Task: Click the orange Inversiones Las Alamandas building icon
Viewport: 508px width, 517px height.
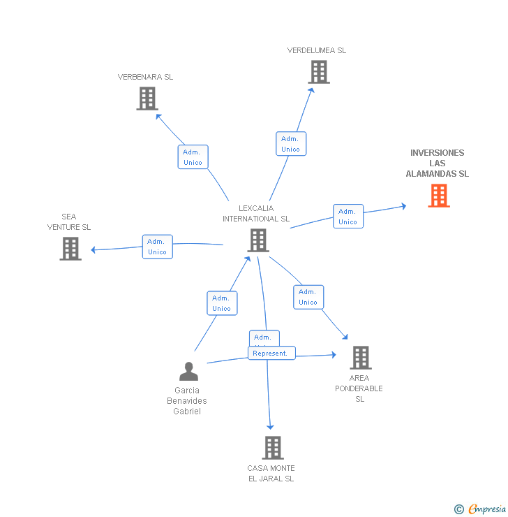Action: click(439, 196)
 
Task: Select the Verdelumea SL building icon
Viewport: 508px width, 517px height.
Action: click(319, 72)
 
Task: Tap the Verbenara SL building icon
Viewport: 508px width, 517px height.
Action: click(147, 99)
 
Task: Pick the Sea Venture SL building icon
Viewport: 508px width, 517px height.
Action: click(70, 249)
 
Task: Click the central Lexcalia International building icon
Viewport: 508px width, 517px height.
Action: click(258, 240)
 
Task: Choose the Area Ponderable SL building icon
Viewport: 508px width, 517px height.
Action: click(360, 358)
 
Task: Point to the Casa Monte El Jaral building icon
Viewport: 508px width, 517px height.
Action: click(273, 448)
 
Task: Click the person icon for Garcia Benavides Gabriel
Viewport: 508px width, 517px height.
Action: click(188, 372)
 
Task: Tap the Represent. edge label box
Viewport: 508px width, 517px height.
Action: click(271, 354)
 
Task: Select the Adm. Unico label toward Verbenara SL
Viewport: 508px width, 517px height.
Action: click(193, 157)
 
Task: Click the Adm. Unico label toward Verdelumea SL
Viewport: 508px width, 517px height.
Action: click(290, 144)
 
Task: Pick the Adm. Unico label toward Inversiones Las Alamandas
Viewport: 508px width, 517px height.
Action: click(348, 217)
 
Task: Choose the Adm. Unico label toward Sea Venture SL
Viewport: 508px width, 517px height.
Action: click(157, 247)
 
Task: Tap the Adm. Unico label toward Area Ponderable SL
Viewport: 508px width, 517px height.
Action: click(308, 297)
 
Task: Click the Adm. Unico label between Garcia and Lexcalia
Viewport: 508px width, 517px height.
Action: click(221, 303)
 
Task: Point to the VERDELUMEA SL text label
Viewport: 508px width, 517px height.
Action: click(316, 50)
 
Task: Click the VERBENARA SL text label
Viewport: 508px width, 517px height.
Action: click(145, 77)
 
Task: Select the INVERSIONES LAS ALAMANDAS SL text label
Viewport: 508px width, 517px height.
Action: click(438, 163)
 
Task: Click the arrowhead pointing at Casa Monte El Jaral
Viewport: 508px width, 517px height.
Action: click(270, 426)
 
